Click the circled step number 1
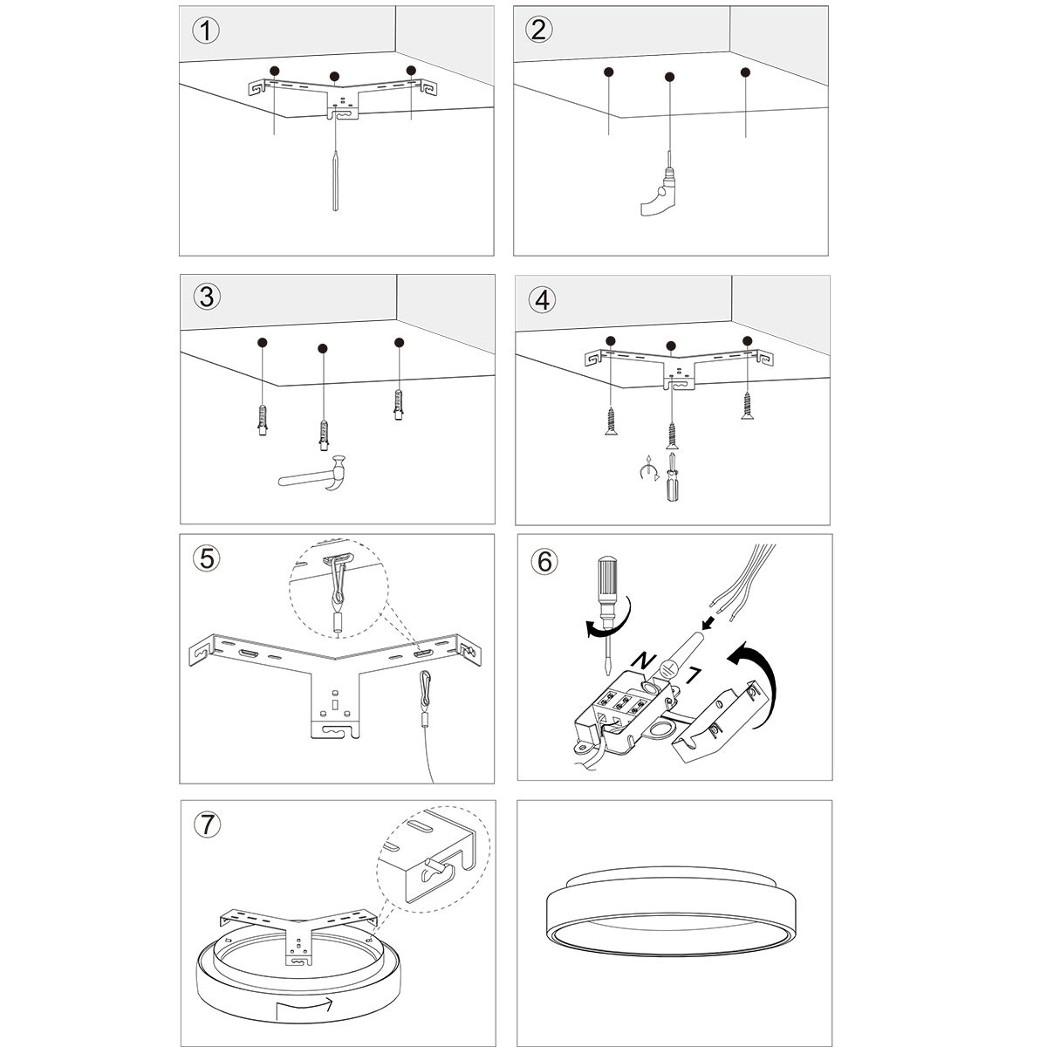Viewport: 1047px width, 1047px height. pyautogui.click(x=206, y=31)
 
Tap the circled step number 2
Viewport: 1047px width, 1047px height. pyautogui.click(x=539, y=30)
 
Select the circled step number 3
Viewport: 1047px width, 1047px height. pyautogui.click(x=206, y=298)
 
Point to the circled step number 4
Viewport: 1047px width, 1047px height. pyautogui.click(x=542, y=300)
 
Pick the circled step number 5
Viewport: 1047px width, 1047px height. pyautogui.click(x=206, y=558)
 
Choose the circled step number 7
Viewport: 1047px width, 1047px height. pyautogui.click(x=206, y=825)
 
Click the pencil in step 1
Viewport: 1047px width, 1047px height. pyautogui.click(x=336, y=180)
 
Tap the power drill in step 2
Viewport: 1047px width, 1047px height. pyautogui.click(x=660, y=191)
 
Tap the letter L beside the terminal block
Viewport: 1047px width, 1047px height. pyautogui.click(x=695, y=673)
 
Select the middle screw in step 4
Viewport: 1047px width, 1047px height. pyautogui.click(x=671, y=434)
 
